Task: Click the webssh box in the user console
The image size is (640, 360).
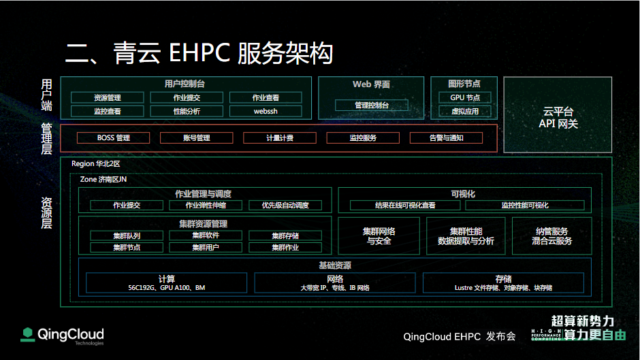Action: (x=266, y=111)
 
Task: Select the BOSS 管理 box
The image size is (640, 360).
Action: (x=114, y=138)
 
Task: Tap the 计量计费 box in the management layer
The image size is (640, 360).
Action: (x=280, y=138)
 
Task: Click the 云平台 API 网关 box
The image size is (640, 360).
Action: (x=558, y=115)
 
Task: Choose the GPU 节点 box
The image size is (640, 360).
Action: (x=465, y=97)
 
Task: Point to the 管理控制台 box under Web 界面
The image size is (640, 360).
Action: (x=372, y=105)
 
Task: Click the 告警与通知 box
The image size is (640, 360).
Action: (x=446, y=138)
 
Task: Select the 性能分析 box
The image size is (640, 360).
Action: (x=187, y=111)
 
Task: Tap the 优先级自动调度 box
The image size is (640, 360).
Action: (x=285, y=206)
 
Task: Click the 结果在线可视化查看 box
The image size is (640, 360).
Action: (x=405, y=206)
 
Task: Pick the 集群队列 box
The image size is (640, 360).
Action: (x=127, y=235)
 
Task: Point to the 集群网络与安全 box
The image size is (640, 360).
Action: (x=379, y=236)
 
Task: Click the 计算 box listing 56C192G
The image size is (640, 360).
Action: (x=167, y=283)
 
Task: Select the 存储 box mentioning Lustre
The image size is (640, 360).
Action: (x=503, y=283)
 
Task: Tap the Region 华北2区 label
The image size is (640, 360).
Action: (x=96, y=164)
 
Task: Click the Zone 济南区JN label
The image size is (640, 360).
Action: (x=103, y=179)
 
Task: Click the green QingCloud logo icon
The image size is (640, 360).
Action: (x=28, y=334)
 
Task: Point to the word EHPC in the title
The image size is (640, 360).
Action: (x=199, y=53)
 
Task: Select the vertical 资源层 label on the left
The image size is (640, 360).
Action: (x=46, y=212)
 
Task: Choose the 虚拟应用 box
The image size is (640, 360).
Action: (x=465, y=111)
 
